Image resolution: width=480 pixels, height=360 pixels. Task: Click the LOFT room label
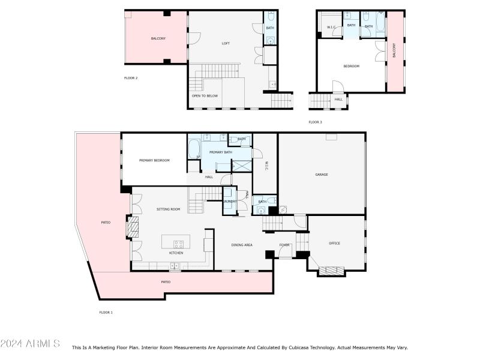click(x=226, y=43)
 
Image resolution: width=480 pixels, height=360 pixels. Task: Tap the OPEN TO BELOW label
click(x=205, y=96)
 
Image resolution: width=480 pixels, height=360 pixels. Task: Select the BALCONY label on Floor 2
click(x=158, y=38)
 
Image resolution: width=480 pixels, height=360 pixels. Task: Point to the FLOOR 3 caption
click(x=315, y=122)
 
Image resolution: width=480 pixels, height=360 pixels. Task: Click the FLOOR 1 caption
click(x=106, y=312)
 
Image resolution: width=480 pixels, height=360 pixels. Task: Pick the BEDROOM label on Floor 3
click(x=351, y=66)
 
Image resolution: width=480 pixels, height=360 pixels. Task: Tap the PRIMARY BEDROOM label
click(x=154, y=160)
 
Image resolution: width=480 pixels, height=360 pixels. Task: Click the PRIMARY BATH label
click(x=220, y=152)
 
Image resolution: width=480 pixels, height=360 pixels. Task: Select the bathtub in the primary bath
click(x=194, y=149)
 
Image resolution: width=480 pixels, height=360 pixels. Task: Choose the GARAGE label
click(x=322, y=175)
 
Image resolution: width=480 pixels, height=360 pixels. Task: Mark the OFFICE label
click(x=334, y=243)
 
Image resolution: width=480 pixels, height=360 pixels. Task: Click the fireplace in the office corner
click(x=332, y=271)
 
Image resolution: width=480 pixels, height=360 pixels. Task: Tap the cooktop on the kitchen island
click(x=179, y=244)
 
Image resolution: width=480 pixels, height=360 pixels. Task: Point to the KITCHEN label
click(x=176, y=253)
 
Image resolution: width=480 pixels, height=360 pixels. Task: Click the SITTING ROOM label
click(x=168, y=209)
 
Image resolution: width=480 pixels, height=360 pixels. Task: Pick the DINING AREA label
click(x=242, y=245)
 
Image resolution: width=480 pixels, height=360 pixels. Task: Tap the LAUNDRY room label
click(x=230, y=202)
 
